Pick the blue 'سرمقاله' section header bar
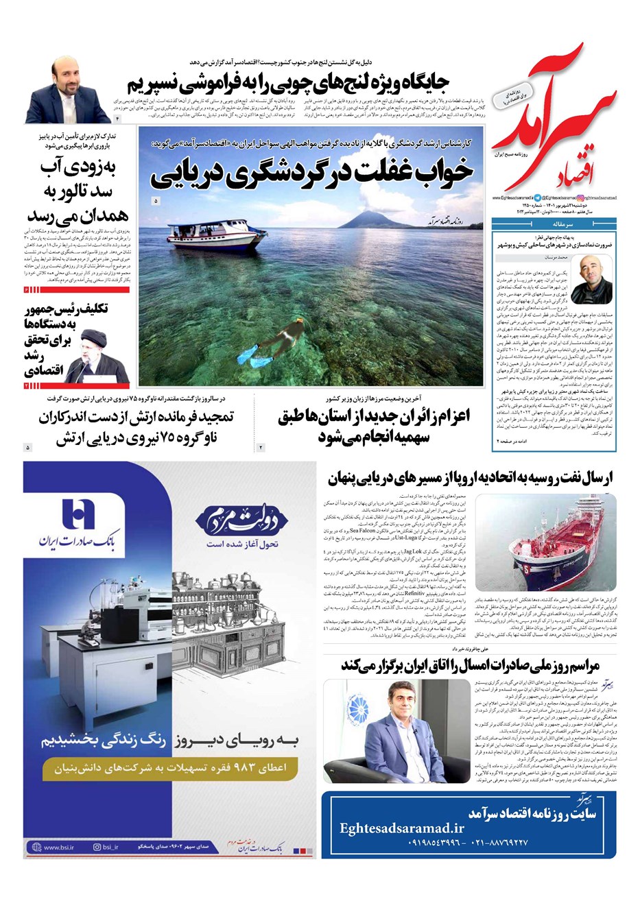click(x=554, y=224)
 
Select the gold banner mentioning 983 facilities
click(x=169, y=768)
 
